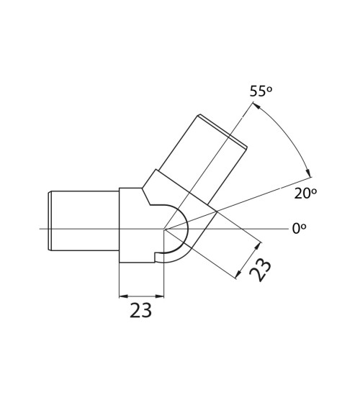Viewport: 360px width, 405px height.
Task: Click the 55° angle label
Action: (261, 91)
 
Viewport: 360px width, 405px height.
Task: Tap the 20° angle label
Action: (305, 194)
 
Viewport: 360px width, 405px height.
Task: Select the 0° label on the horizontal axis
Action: (299, 229)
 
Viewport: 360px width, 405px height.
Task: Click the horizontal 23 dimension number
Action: (140, 311)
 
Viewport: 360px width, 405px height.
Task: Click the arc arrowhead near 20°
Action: (309, 173)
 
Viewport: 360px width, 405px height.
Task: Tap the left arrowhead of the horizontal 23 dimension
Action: (122, 296)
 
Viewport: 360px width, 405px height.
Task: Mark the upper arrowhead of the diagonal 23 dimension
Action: (258, 245)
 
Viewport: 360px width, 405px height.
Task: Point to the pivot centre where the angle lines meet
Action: (164, 229)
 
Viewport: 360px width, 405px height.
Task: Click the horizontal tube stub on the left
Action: (84, 220)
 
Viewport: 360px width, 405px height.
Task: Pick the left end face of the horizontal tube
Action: (50, 220)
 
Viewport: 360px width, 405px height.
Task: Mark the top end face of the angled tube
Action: (223, 132)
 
